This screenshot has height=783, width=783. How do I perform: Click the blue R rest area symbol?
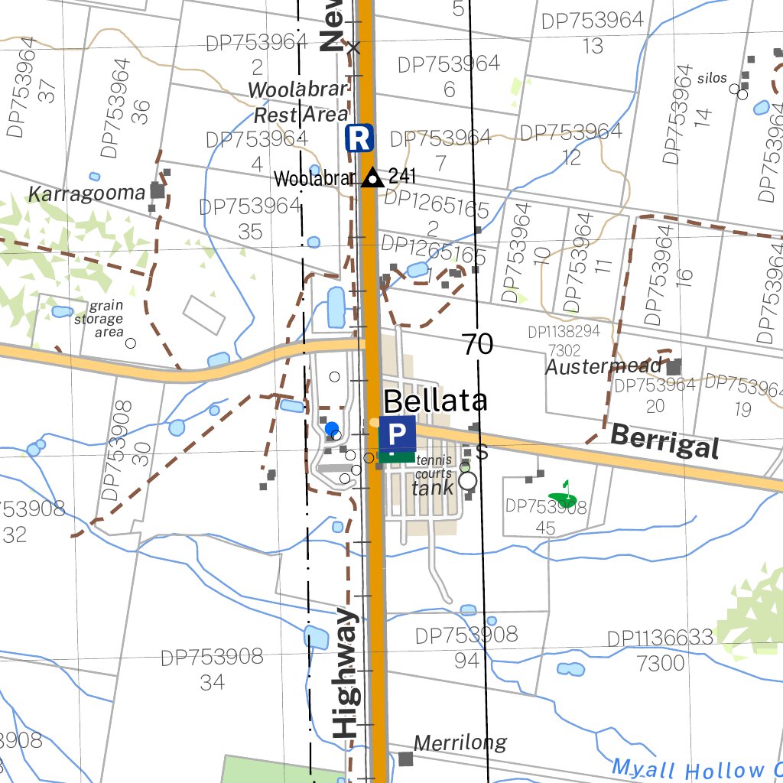(x=359, y=138)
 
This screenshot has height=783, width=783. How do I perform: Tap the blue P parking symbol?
(x=397, y=435)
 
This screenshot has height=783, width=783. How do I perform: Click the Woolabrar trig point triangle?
(x=372, y=178)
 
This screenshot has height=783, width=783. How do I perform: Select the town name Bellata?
(x=435, y=401)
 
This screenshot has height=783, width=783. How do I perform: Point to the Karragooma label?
(x=86, y=193)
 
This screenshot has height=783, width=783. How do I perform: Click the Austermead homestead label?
(x=603, y=366)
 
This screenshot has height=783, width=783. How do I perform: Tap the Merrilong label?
(x=460, y=742)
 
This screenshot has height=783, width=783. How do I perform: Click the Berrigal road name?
(x=665, y=442)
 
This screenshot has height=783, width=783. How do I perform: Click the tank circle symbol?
(x=467, y=480)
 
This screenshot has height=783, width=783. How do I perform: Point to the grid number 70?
(x=477, y=345)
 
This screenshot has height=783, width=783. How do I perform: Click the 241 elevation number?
(x=402, y=177)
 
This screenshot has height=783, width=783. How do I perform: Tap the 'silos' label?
(x=712, y=78)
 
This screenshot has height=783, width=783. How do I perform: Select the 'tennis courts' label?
(x=434, y=468)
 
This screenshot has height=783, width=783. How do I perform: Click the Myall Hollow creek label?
(x=696, y=768)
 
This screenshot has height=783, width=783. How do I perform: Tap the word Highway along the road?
(x=346, y=673)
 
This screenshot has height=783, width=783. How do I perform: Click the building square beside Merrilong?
(x=405, y=759)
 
